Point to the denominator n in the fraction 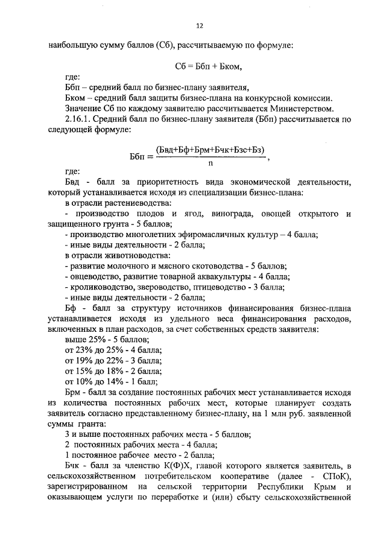tap(210, 162)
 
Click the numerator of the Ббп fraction tap(210, 149)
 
